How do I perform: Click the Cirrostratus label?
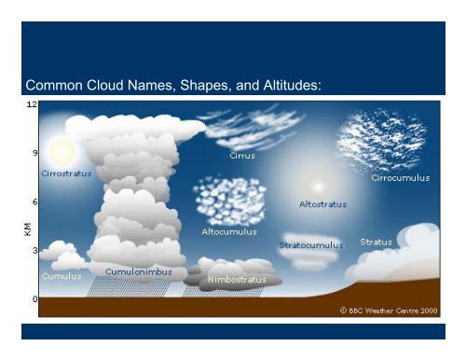pos(66,173)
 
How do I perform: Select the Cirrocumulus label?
pos(401,177)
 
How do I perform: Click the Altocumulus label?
pos(230,230)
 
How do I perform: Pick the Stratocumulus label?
pos(311,244)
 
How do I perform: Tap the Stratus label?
pos(377,242)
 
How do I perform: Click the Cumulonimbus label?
pos(137,271)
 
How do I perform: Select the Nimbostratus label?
pos(237,278)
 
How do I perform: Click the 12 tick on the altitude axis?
pos(32,104)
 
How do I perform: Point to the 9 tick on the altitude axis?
pos(34,152)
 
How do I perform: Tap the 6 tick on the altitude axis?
pos(34,201)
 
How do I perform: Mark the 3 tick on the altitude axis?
pos(34,250)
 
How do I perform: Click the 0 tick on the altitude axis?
pos(34,299)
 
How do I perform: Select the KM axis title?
pos(29,227)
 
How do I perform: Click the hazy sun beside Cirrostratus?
pos(62,150)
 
